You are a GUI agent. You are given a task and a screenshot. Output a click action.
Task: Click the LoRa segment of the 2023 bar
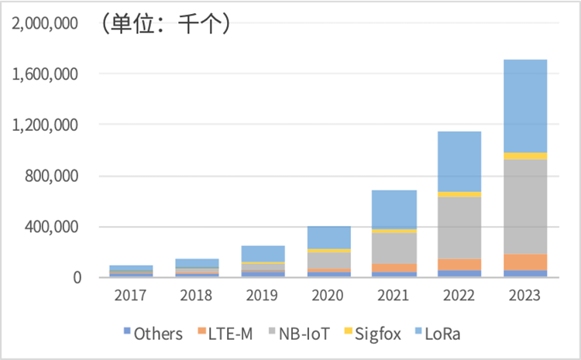[525, 106]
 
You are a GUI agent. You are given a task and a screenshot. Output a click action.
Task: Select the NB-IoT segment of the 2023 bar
[525, 206]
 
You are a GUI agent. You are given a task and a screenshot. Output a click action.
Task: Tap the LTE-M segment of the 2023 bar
[525, 262]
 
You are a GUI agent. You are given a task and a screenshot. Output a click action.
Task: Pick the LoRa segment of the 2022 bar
[459, 161]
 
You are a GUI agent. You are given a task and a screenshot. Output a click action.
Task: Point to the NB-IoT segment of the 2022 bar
[459, 228]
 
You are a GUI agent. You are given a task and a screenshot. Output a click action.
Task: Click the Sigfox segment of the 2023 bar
[525, 156]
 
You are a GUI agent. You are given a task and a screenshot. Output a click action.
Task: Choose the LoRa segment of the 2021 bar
[394, 209]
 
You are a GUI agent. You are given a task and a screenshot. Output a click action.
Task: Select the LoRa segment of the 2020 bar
[328, 238]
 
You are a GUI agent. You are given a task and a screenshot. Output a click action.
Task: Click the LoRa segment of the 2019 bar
[263, 254]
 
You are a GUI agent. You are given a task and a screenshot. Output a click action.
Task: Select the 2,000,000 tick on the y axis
[45, 23]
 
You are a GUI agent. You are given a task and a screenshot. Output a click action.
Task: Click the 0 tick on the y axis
[77, 277]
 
